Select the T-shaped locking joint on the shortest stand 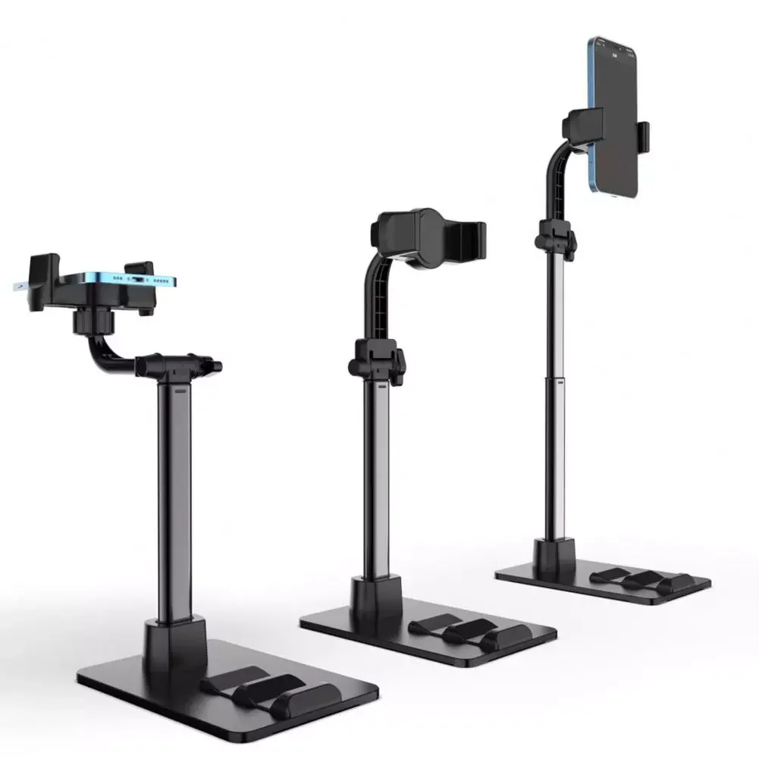[x=178, y=365]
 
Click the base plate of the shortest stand [x=152, y=682]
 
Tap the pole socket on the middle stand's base [x=376, y=595]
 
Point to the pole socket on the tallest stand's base [x=554, y=557]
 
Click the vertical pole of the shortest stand [x=174, y=500]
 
